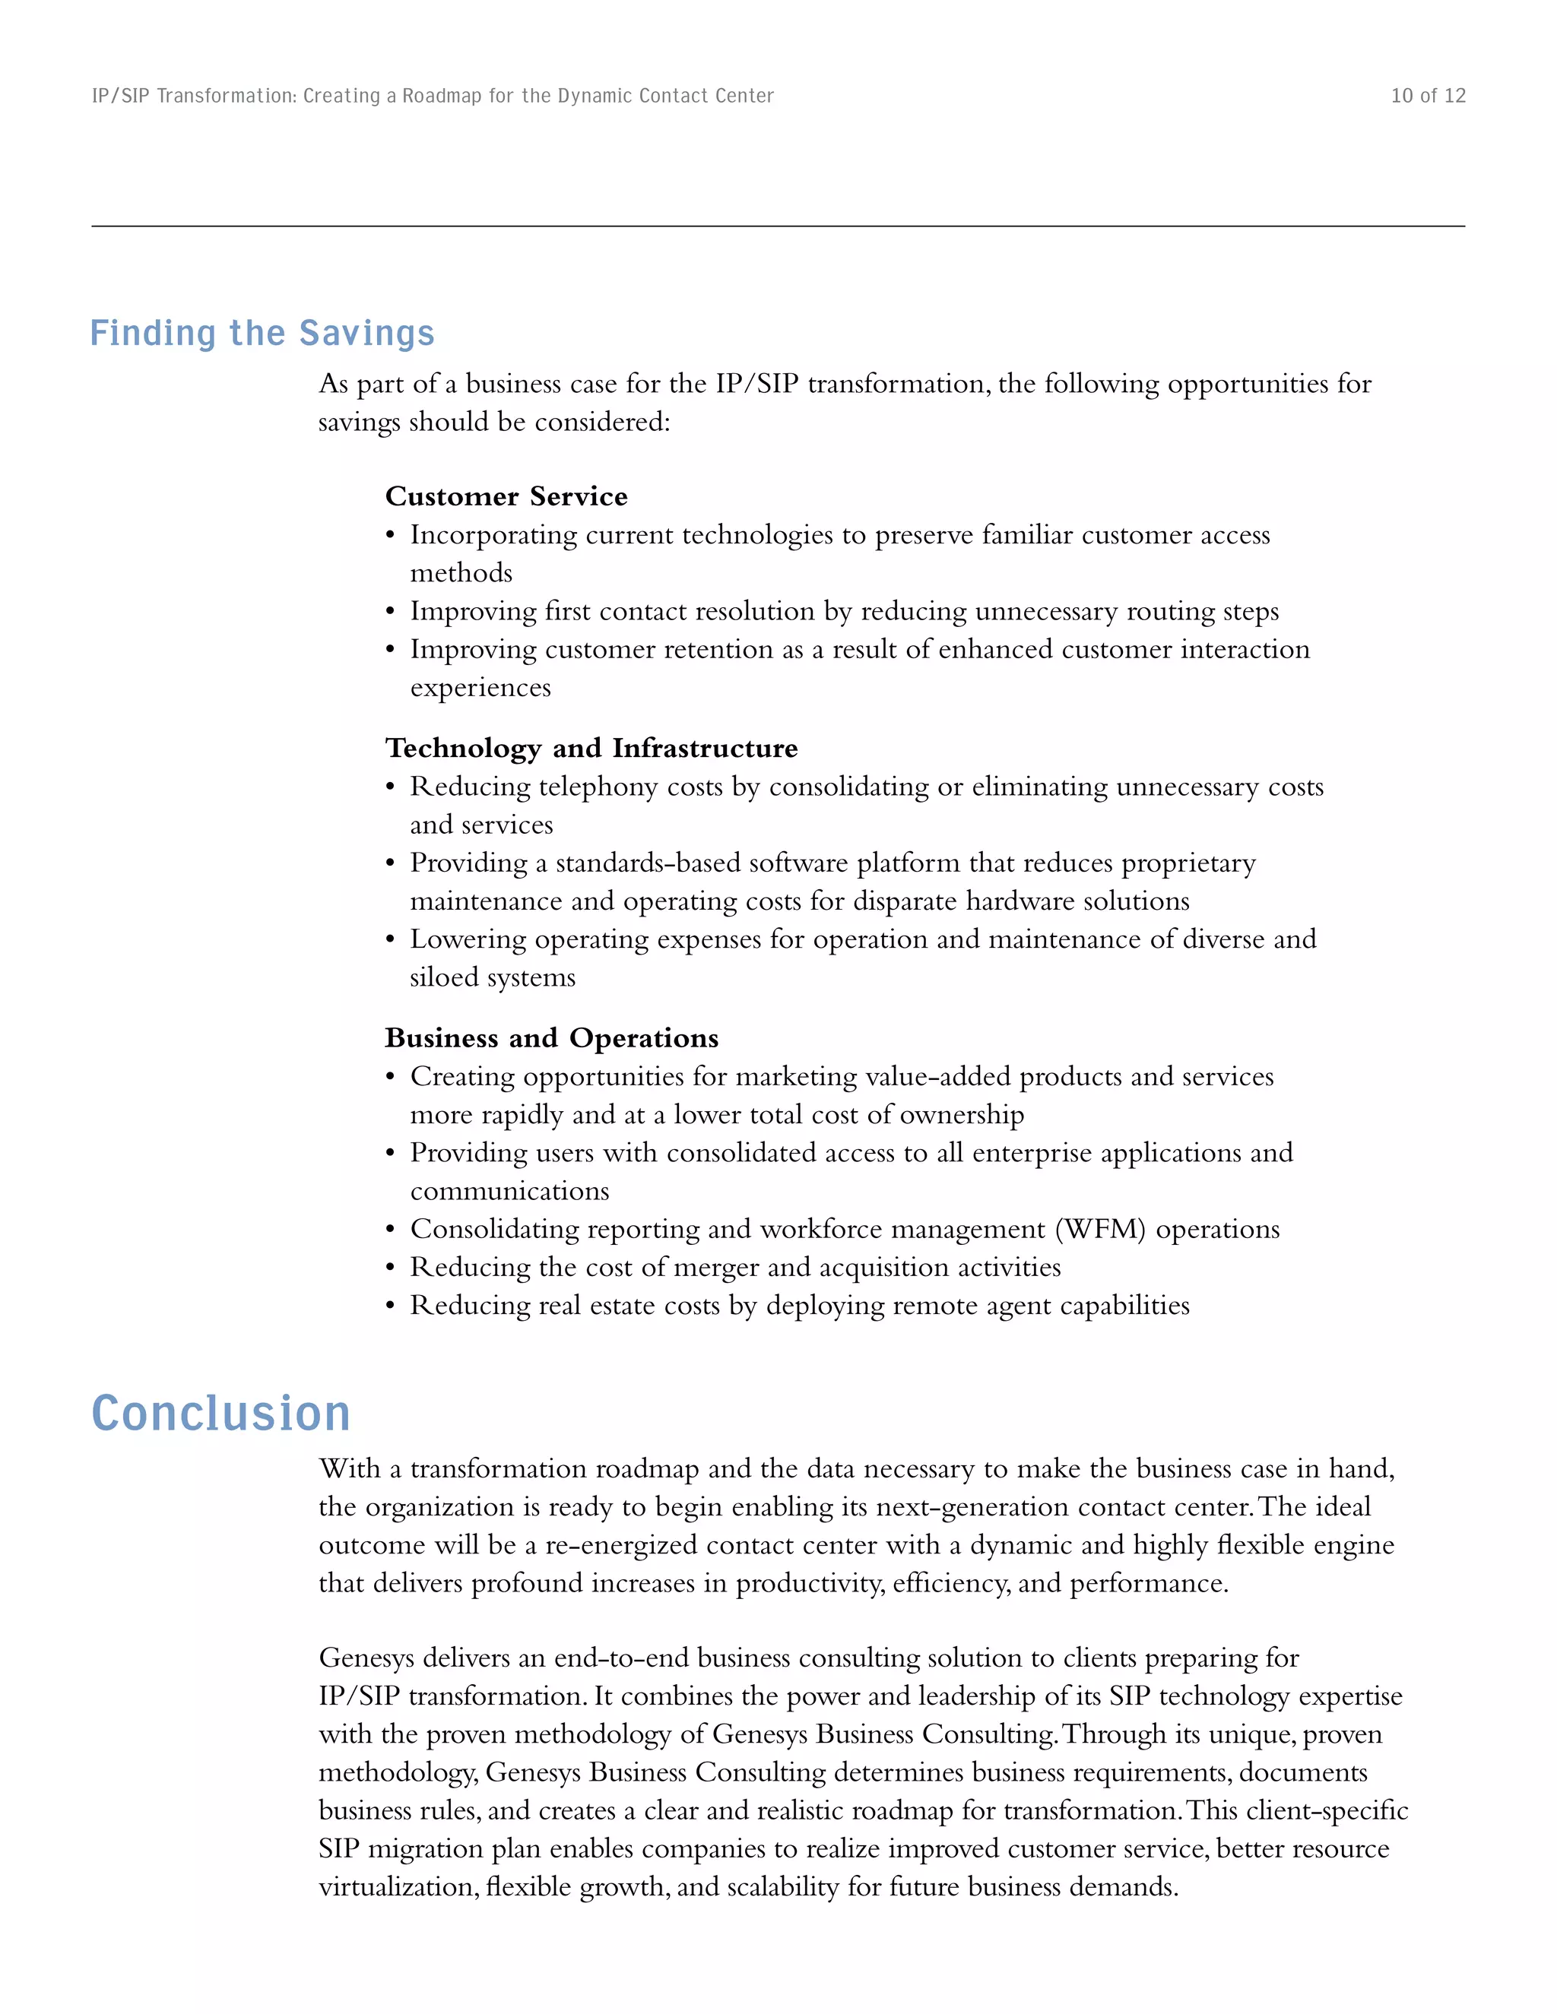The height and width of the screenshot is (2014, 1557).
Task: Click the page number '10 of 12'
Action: coord(1427,96)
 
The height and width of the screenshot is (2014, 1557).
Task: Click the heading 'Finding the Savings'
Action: coord(262,333)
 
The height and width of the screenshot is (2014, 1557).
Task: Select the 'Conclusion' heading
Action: coord(221,1414)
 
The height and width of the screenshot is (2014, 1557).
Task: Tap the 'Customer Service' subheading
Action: coord(506,496)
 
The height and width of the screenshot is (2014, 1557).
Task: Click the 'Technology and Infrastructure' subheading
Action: coord(591,748)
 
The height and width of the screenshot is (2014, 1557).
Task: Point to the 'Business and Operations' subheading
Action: coord(552,1037)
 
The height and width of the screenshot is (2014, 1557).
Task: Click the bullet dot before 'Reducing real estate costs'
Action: coord(390,1306)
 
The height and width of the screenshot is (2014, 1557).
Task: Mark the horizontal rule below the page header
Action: coord(778,226)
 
